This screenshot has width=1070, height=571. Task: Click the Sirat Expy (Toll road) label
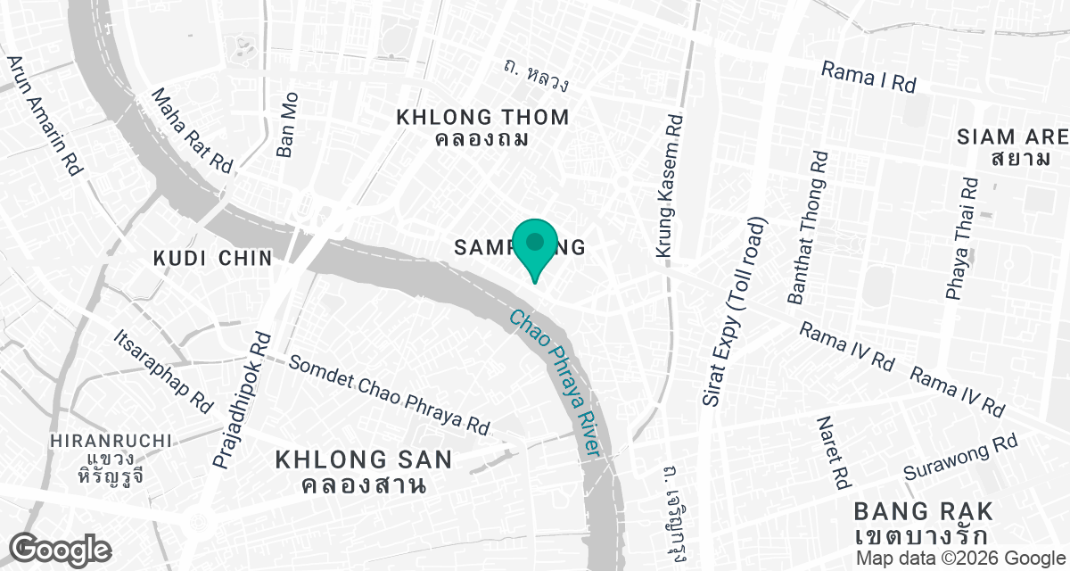[x=734, y=311]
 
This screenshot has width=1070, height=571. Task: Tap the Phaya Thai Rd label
[x=962, y=237]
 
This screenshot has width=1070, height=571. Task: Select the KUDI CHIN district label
[x=212, y=259]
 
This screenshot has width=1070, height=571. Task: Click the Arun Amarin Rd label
[x=44, y=116]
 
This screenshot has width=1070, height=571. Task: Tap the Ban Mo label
[x=287, y=125]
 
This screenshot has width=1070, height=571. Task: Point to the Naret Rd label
[x=831, y=453]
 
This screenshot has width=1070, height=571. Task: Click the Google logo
[x=61, y=549]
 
